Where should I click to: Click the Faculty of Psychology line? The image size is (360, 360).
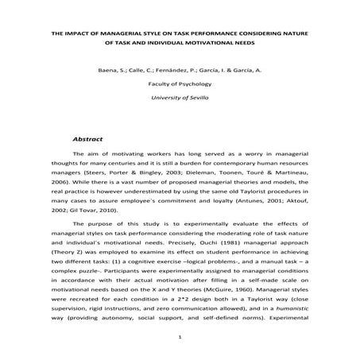pyautogui.click(x=180, y=83)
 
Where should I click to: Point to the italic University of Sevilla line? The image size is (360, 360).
pyautogui.click(x=180, y=96)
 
